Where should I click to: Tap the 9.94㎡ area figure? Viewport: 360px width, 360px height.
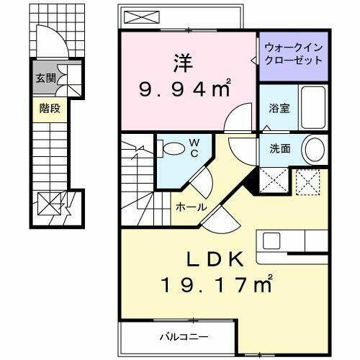tap(184, 89)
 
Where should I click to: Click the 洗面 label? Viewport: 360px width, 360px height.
tap(279, 149)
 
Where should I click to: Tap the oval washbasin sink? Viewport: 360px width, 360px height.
tap(314, 150)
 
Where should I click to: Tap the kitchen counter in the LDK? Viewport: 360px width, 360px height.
tap(289, 240)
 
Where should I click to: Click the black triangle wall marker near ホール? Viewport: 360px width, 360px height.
tap(249, 183)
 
